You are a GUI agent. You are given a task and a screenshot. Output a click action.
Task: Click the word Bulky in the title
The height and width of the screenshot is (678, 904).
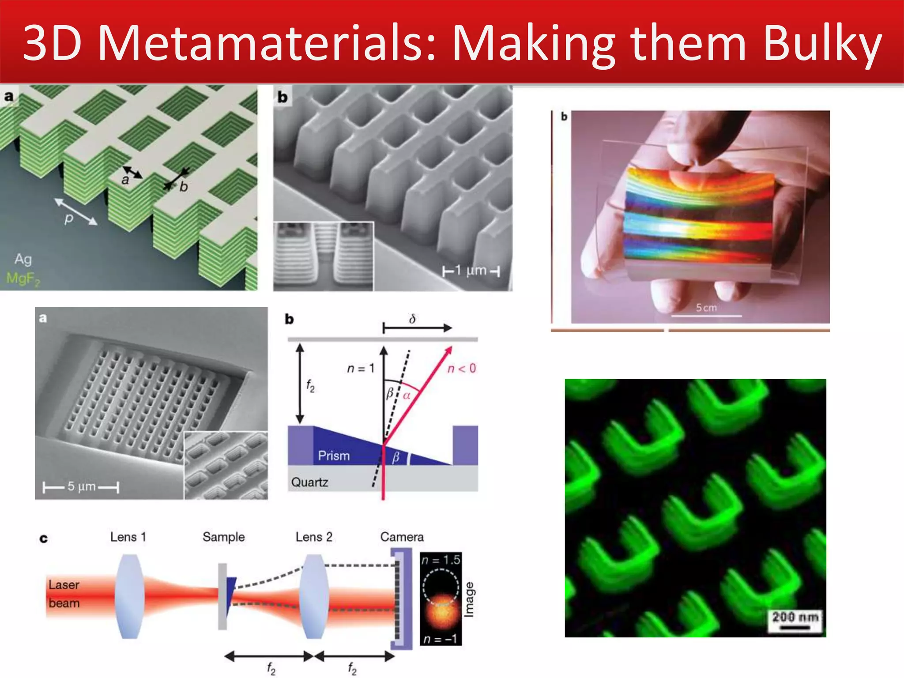click(822, 43)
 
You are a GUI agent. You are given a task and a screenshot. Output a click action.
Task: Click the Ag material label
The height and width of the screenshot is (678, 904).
click(23, 259)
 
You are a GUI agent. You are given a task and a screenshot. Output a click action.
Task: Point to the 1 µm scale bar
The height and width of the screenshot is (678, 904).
click(471, 271)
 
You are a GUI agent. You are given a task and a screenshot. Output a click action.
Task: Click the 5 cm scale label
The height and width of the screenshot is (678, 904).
click(706, 308)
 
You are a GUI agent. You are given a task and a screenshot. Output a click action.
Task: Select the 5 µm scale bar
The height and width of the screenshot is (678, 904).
click(81, 487)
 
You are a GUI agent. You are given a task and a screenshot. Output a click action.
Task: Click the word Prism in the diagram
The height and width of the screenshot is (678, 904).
click(334, 456)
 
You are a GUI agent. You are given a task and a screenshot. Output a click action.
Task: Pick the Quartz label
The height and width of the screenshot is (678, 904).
click(309, 482)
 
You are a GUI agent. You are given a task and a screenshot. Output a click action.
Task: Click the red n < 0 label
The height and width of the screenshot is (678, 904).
click(462, 369)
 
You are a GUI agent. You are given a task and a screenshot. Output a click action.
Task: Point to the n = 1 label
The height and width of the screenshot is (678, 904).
click(361, 368)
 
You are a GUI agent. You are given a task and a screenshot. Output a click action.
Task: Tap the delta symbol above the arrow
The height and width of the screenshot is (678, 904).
click(412, 319)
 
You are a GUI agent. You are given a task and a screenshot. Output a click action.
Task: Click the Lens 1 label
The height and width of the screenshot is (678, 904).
click(128, 537)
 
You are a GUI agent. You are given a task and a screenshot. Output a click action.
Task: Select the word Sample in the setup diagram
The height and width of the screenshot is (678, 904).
click(223, 537)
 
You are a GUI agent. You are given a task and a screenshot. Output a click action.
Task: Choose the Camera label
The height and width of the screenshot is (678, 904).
click(402, 537)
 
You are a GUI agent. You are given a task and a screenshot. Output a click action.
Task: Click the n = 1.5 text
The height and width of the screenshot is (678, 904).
click(441, 560)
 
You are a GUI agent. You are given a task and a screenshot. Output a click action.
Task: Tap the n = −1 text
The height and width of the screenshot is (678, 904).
click(440, 639)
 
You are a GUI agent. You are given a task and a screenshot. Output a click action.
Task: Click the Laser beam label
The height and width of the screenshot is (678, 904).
click(64, 594)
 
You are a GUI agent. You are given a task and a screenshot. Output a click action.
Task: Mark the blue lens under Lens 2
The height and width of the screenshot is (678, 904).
click(314, 596)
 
